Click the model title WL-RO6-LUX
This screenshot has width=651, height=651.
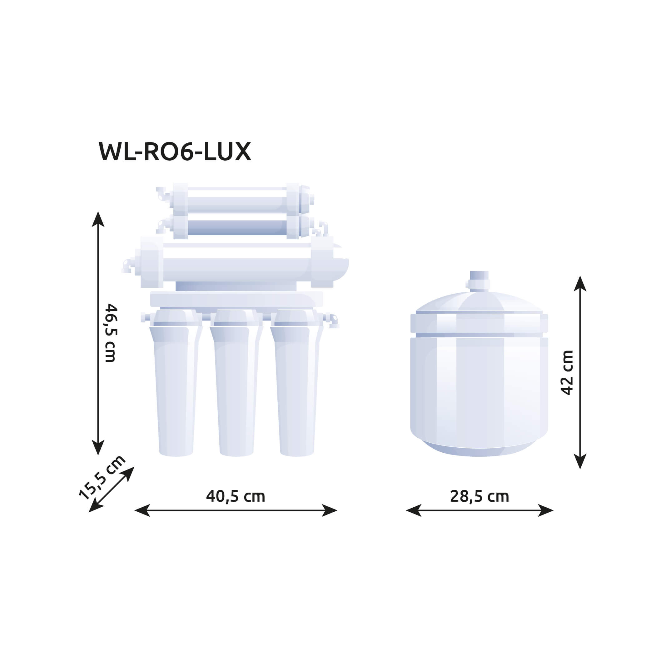tap(175, 152)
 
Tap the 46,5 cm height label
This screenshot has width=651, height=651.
tap(111, 333)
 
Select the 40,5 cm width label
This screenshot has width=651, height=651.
tap(236, 496)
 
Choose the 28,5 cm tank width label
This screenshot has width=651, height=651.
tap(480, 496)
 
